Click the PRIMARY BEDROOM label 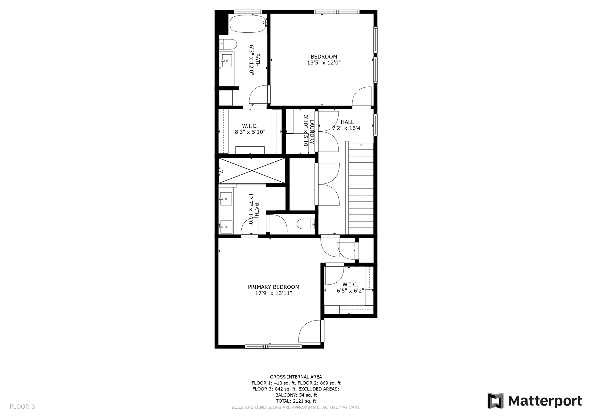[x=273, y=287]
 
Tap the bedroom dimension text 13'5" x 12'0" [x=324, y=63]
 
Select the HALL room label [x=347, y=122]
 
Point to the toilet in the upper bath [x=228, y=44]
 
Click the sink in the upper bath [x=227, y=61]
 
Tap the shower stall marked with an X [x=252, y=171]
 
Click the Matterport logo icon [x=495, y=401]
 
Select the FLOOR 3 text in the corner [x=22, y=407]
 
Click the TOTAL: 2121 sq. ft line [x=296, y=401]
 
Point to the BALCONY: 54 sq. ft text [x=296, y=395]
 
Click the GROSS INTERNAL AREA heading [x=296, y=377]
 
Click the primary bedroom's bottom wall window [x=273, y=346]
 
